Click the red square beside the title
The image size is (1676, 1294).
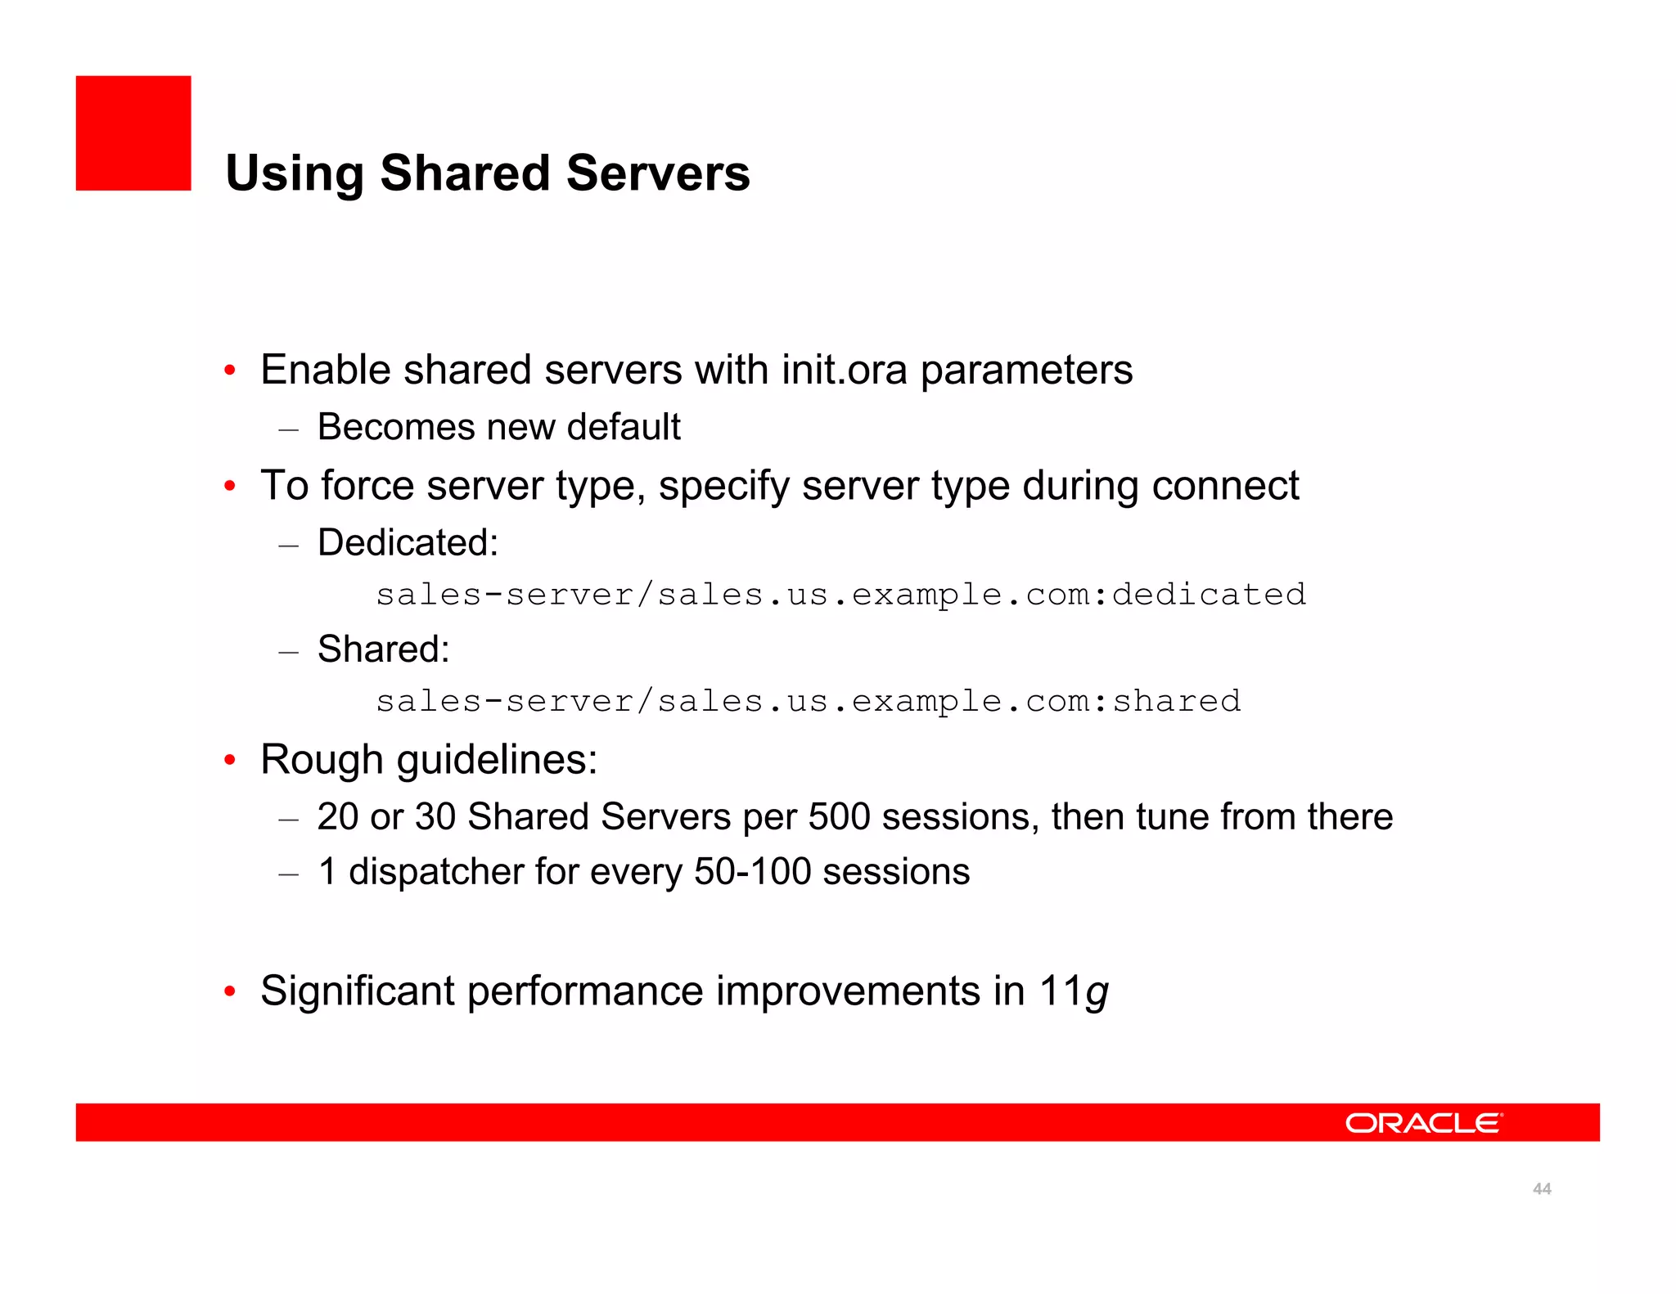coord(133,133)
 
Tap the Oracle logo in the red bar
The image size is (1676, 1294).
coord(1423,1122)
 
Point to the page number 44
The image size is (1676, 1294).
coord(1542,1188)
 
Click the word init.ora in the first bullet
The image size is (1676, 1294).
coord(844,370)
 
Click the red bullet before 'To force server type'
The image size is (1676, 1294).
coord(231,486)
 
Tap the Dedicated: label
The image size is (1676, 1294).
coord(408,542)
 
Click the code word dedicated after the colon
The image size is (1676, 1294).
coord(1209,595)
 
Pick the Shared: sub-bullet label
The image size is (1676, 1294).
coord(383,649)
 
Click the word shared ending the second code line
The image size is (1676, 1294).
coord(1176,701)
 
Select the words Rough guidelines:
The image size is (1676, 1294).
coord(429,759)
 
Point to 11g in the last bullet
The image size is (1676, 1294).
coord(1073,991)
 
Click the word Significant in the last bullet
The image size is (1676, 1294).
coord(357,991)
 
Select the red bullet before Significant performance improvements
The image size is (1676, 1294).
coord(231,992)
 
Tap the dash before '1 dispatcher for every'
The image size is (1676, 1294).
coord(288,874)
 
